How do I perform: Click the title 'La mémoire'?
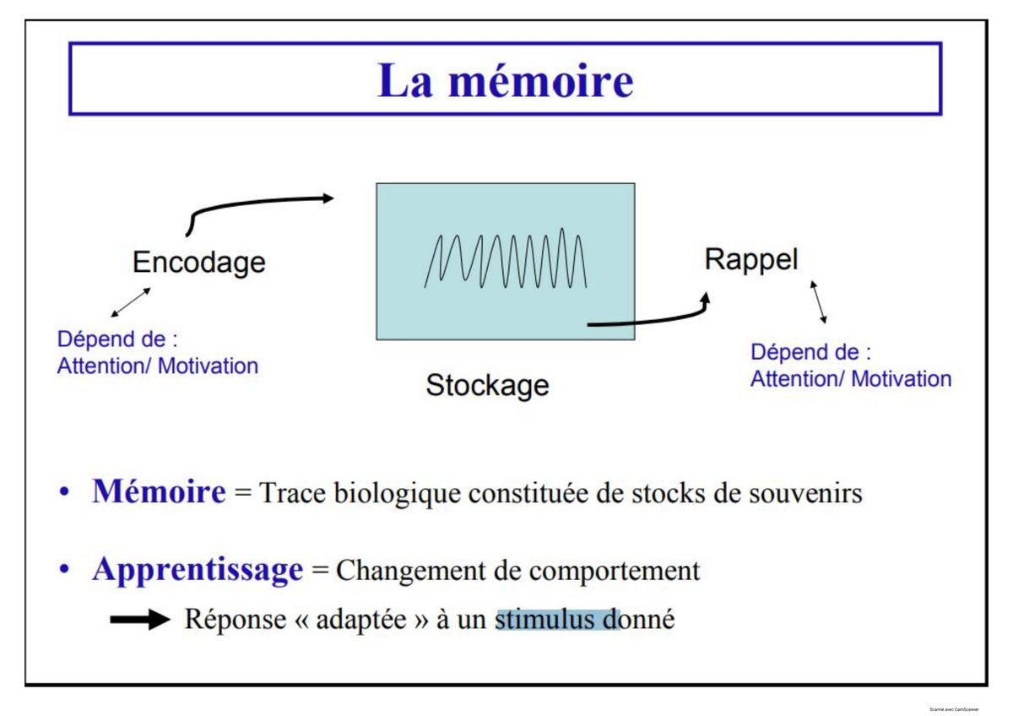tap(505, 80)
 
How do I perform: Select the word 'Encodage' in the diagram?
tap(199, 263)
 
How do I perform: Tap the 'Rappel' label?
tap(751, 259)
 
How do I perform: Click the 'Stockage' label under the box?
tap(488, 385)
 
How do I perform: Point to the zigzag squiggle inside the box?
tap(506, 258)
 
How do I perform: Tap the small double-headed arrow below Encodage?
tap(131, 302)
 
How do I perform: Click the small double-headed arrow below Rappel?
tap(818, 302)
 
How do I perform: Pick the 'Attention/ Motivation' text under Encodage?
tap(157, 366)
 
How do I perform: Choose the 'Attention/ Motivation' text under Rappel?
tap(851, 378)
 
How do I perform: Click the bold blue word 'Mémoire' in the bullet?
tap(160, 491)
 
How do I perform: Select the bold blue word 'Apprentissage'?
tap(198, 570)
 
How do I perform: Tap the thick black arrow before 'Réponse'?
tap(140, 619)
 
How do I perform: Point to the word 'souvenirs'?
tap(805, 492)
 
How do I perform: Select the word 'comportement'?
tap(615, 572)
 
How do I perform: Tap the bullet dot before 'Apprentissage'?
tap(64, 570)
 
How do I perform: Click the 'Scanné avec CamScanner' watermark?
tap(954, 709)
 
